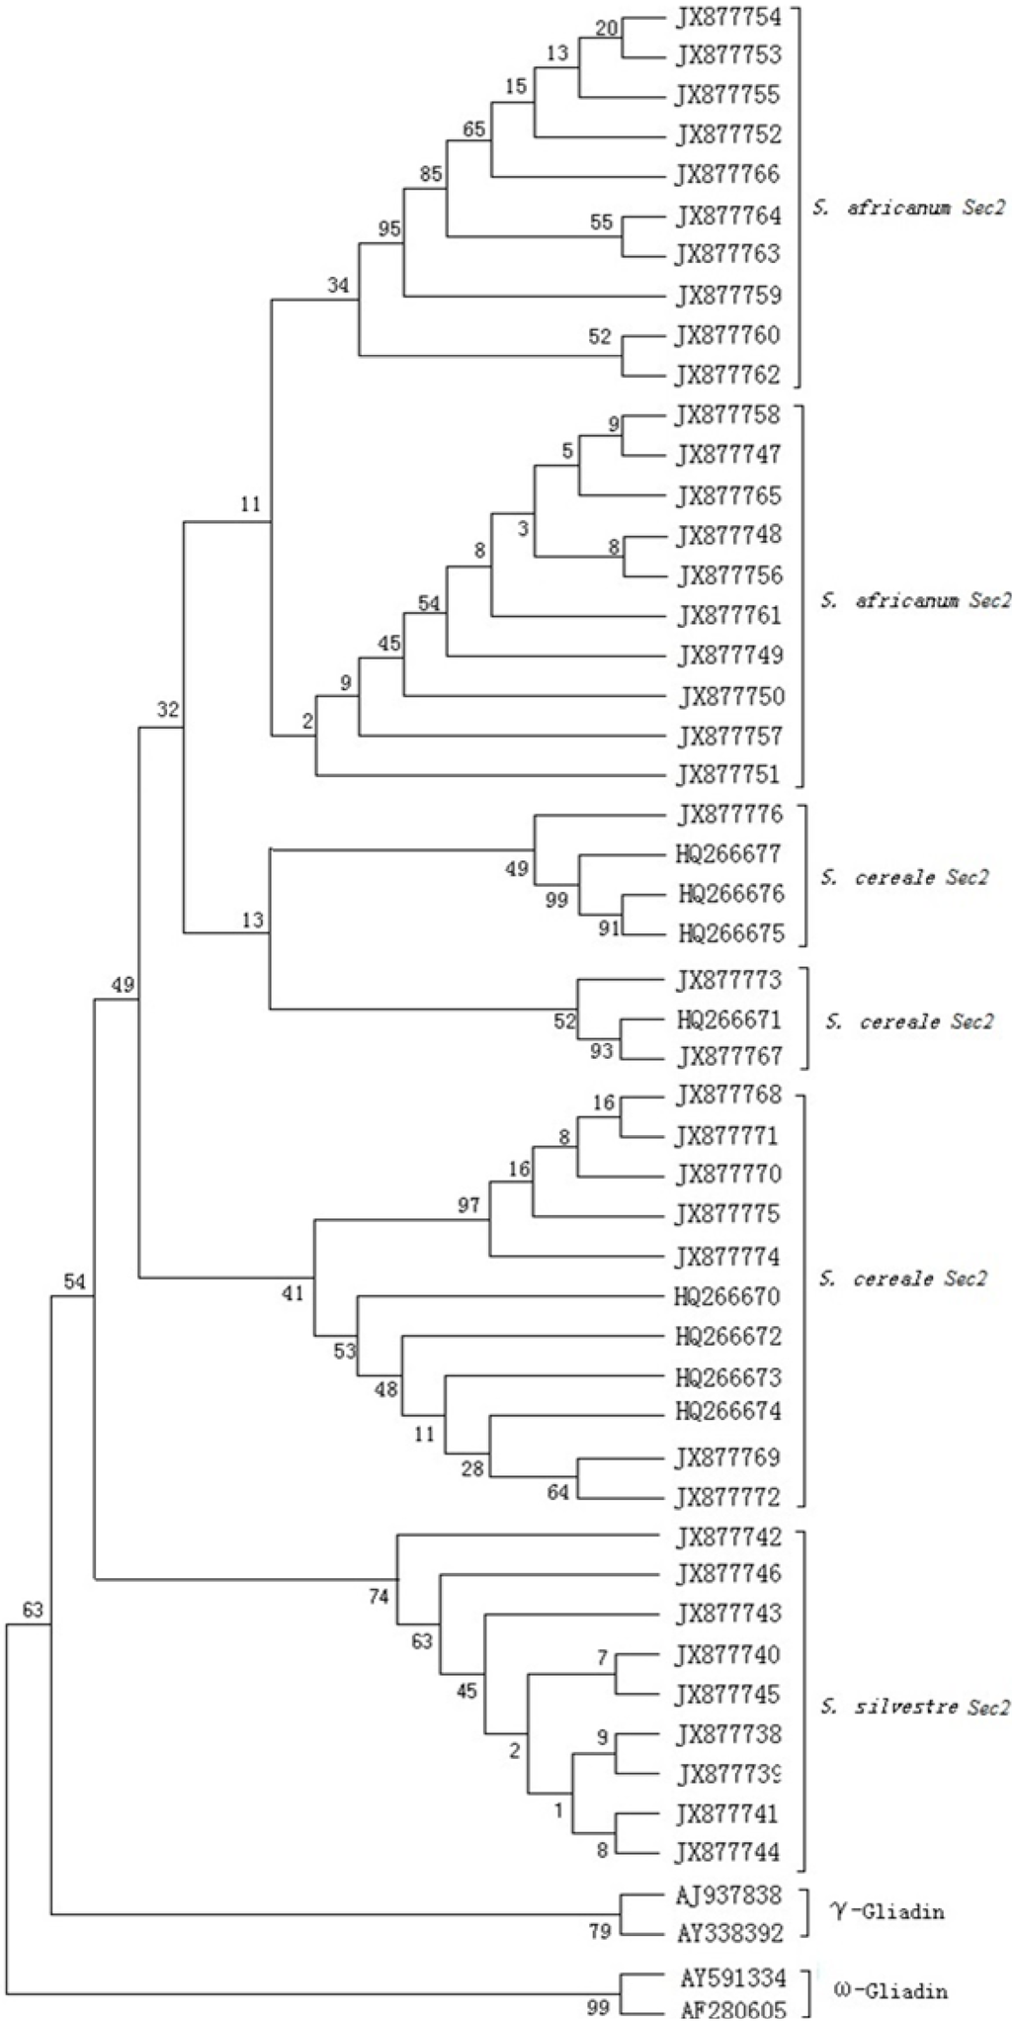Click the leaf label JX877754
coord(728,17)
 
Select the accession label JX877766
coord(728,175)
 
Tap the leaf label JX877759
coord(728,295)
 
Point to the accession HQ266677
coord(730,853)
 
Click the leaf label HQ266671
coord(730,1019)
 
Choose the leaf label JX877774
coord(728,1258)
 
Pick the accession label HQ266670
coord(728,1296)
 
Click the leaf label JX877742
coord(728,1538)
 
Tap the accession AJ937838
coord(730,1894)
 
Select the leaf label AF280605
coord(732,2010)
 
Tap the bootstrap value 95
coord(389,229)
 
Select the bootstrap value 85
coord(431,174)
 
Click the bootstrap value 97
coord(468,1204)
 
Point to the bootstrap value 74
coord(379,1596)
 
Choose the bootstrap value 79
coord(600,1930)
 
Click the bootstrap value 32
coord(168,709)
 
